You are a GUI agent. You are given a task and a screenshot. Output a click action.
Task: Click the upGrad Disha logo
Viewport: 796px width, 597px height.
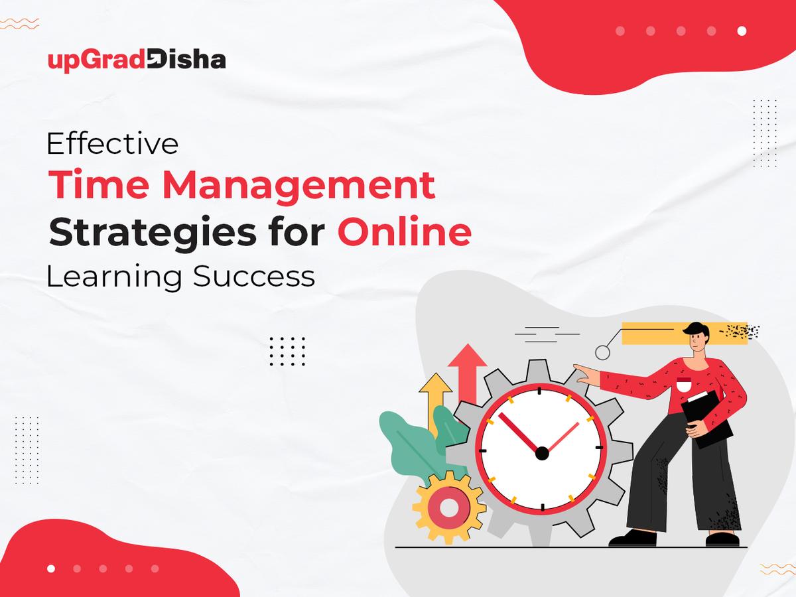point(137,60)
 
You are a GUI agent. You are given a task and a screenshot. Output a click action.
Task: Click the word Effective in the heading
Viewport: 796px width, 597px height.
point(112,144)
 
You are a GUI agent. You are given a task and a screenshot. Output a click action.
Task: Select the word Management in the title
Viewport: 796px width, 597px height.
point(298,186)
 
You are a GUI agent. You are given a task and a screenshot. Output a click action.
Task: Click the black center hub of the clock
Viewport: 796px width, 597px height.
point(542,453)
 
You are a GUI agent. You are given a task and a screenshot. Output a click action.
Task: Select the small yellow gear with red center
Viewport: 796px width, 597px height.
point(448,507)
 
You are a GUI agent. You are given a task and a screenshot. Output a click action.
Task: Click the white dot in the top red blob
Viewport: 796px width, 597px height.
point(742,31)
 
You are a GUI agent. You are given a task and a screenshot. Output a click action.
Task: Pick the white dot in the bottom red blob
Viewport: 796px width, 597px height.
point(52,568)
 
